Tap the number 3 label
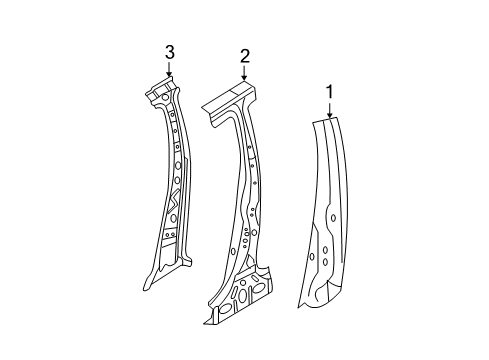click(x=169, y=51)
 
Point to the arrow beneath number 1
click(x=328, y=110)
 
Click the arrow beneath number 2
click(x=243, y=73)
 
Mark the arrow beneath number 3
click(x=169, y=70)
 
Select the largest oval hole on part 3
click(x=177, y=164)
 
